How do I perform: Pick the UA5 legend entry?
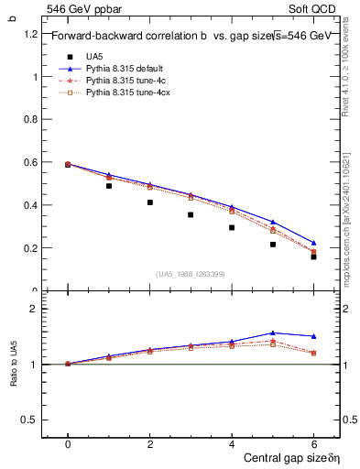93,56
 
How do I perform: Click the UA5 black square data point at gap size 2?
150,202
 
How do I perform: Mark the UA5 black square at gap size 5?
273,245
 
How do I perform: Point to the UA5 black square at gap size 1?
109,186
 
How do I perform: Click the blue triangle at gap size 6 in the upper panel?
314,243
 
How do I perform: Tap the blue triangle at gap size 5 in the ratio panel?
273,333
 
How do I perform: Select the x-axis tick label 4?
232,444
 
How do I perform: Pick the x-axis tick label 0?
68,444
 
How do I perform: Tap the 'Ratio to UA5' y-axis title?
13,365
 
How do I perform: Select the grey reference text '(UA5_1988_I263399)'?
191,274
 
